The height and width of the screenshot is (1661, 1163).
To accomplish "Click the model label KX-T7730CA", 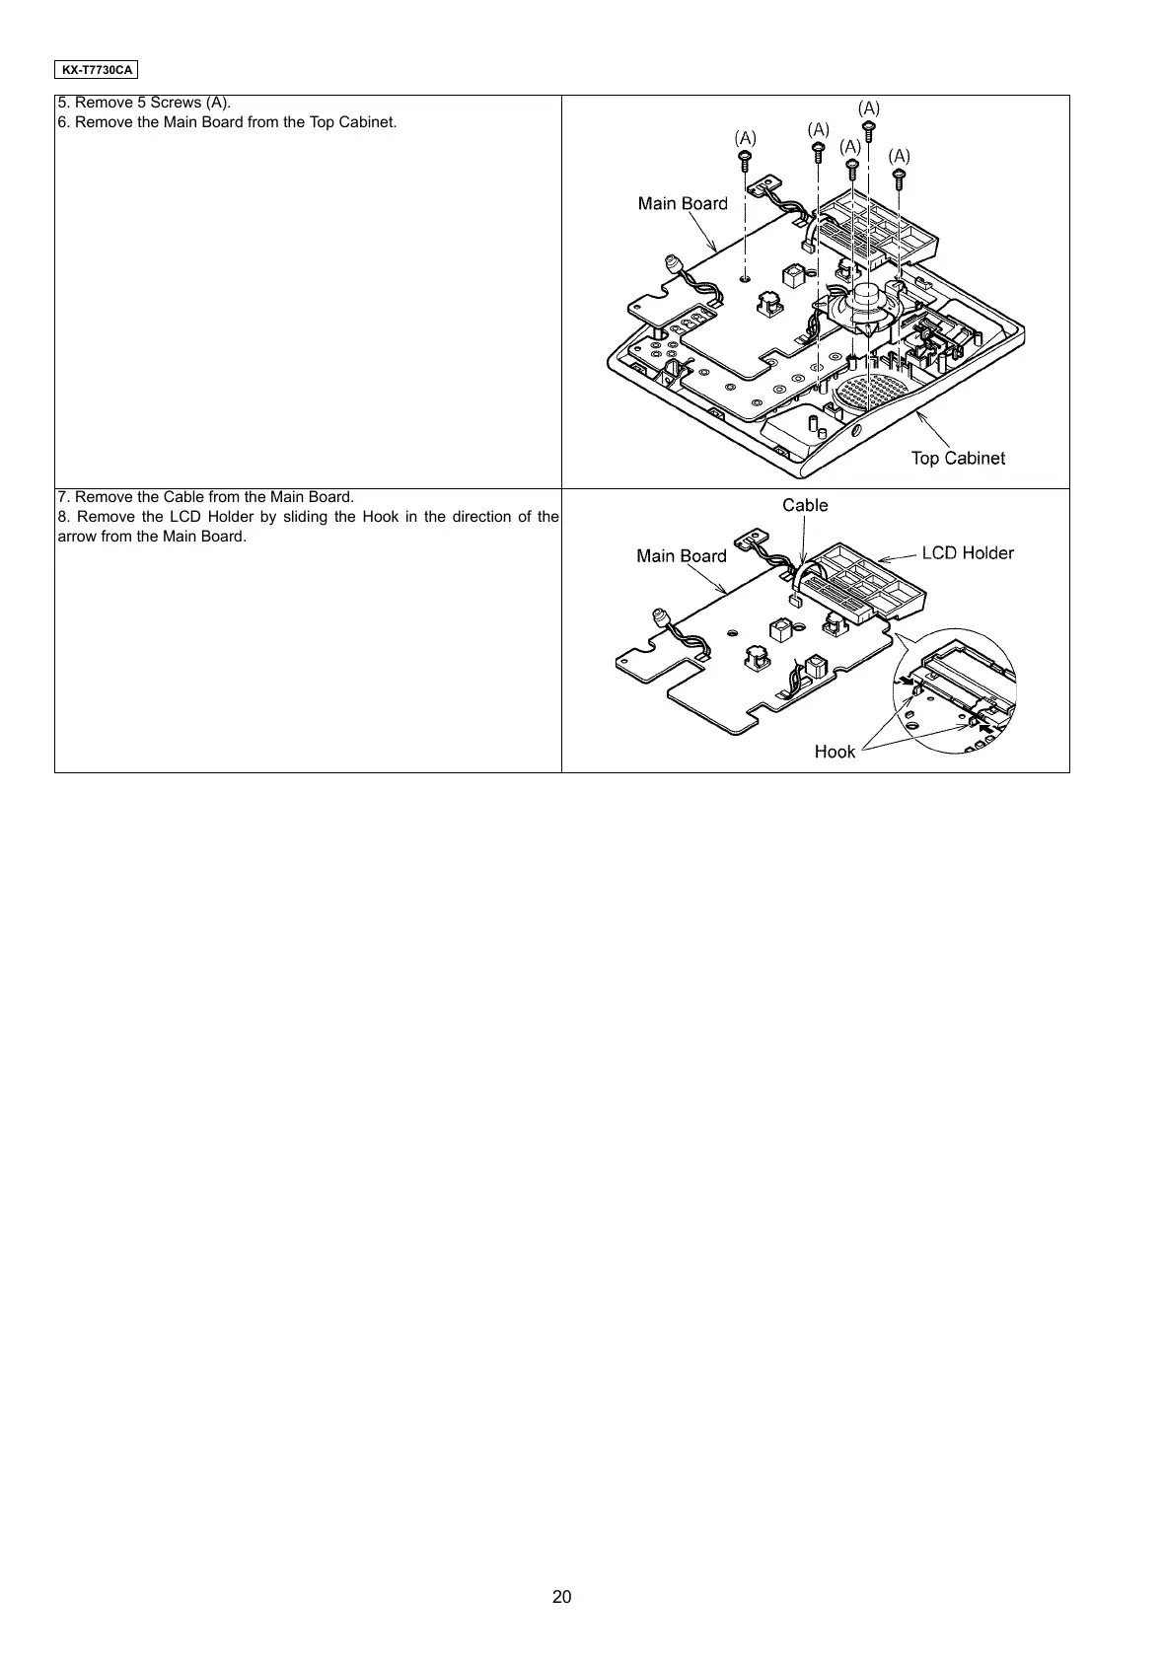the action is [96, 70].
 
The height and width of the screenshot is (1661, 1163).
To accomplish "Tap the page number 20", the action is [561, 1597].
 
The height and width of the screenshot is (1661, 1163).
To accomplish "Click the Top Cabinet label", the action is [958, 458].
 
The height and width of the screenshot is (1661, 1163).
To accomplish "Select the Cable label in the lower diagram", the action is [805, 505].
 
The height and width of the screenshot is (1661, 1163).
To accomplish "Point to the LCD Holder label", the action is [968, 552].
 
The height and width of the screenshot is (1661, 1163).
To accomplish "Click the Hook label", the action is [835, 752].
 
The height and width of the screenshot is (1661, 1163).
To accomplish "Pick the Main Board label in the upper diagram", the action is [683, 203].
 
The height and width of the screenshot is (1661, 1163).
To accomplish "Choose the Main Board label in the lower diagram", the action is [682, 555].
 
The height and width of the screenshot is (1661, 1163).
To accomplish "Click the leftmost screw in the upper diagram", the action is [746, 162].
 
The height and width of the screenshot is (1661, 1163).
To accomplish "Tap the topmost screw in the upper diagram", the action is [869, 129].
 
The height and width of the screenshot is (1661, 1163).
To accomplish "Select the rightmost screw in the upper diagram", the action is [899, 179].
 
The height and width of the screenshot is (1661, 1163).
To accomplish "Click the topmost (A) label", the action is [869, 107].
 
